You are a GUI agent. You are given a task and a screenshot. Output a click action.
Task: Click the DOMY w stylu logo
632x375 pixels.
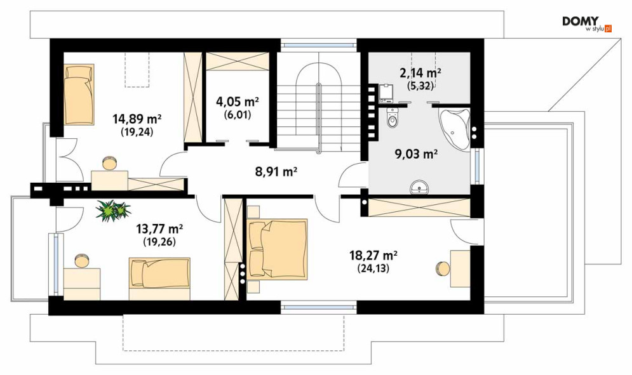[x=587, y=23]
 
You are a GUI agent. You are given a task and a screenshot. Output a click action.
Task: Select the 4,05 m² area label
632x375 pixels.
[x=238, y=102]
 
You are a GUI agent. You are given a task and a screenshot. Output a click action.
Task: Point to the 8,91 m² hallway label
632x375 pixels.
[x=276, y=172]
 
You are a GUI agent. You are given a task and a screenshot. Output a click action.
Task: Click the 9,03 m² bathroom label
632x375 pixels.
[x=417, y=154]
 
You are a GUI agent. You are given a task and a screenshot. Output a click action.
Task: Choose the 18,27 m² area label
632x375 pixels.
[x=373, y=255]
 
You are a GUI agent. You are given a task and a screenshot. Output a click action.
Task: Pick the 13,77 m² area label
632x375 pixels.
[x=159, y=229]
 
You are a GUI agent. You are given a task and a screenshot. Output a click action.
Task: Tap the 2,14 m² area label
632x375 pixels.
[x=420, y=73]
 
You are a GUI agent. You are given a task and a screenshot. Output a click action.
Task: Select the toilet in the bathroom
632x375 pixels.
[x=392, y=117]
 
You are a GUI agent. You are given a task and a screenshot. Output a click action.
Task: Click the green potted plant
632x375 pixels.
[x=113, y=210]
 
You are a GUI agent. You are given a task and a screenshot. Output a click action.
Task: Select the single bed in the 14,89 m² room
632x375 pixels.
[x=79, y=94]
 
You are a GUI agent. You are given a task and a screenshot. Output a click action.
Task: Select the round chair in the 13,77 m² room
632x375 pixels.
[x=82, y=260]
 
